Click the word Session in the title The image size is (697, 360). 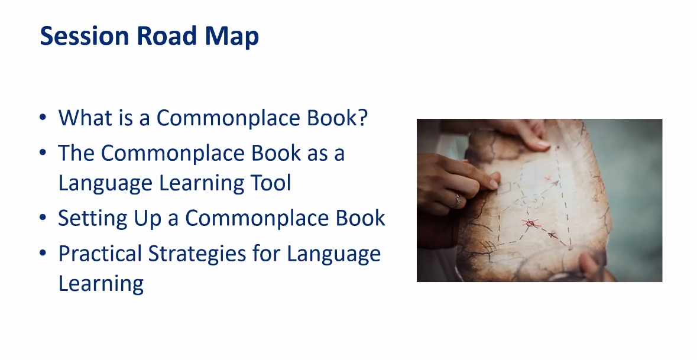pos(84,35)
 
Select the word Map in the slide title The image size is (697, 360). pos(232,37)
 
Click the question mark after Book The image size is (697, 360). pos(363,117)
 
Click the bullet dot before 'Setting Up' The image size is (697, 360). pos(43,218)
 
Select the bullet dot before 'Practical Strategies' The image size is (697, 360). pos(43,254)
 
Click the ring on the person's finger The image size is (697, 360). pos(457,200)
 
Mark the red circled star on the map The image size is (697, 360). pos(530,223)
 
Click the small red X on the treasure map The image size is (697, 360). pos(548,179)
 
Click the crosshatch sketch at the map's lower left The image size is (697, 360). pos(488,245)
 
